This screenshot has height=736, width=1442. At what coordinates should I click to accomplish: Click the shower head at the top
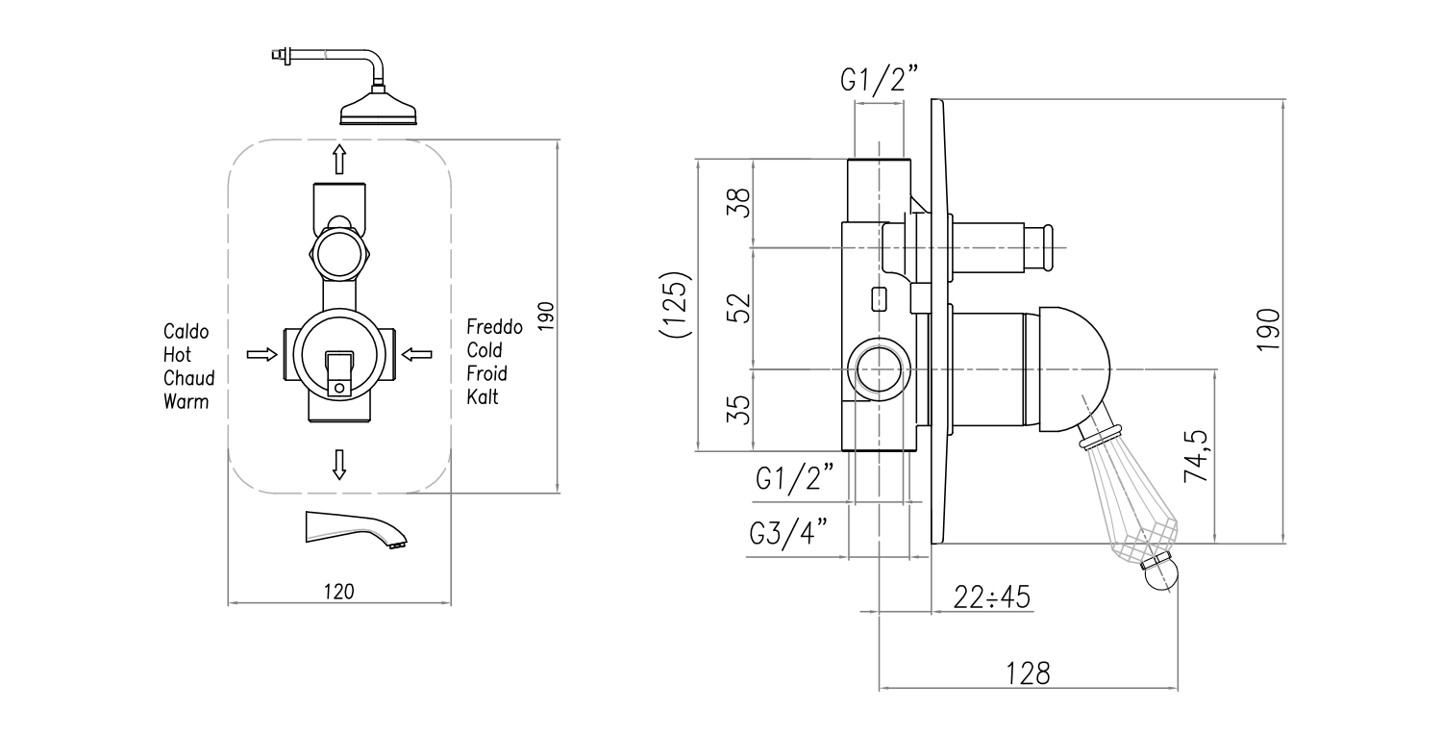click(380, 109)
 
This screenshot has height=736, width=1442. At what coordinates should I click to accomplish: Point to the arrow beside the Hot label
click(261, 355)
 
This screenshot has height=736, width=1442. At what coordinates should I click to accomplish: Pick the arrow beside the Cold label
click(416, 355)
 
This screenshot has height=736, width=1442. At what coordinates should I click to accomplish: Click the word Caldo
click(186, 332)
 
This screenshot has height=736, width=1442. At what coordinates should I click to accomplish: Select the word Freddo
click(494, 327)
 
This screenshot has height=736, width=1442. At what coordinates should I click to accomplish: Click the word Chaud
click(188, 378)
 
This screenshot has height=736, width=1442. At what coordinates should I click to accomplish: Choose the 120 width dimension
click(338, 592)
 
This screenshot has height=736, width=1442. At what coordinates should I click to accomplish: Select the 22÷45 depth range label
click(992, 597)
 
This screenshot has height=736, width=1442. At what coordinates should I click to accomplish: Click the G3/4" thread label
click(787, 535)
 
